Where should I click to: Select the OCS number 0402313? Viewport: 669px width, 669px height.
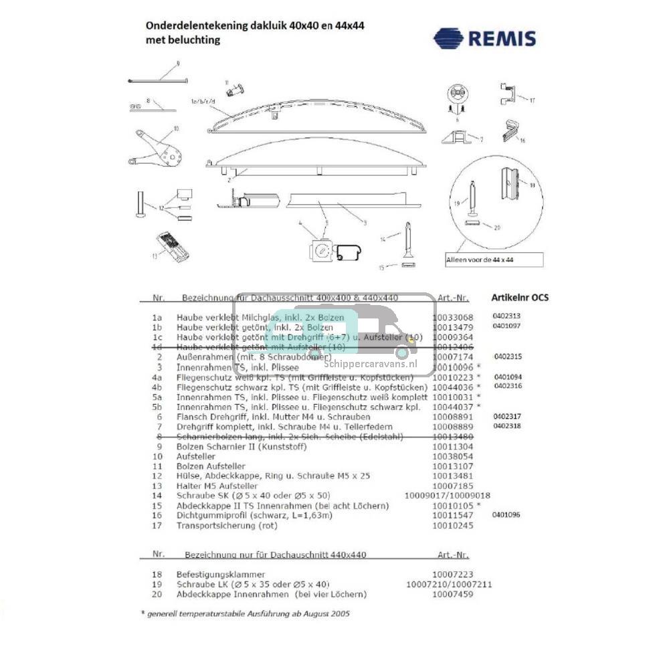coord(506,316)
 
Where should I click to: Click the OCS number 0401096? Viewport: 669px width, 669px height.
coord(506,514)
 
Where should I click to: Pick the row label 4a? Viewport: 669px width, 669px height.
coord(158,378)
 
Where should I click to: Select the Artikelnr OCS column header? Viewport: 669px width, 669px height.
coord(520,297)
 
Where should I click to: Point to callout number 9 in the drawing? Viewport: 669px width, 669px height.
coord(178,64)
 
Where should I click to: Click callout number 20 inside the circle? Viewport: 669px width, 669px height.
coord(496,227)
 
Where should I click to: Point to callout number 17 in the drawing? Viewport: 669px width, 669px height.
coord(533,101)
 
